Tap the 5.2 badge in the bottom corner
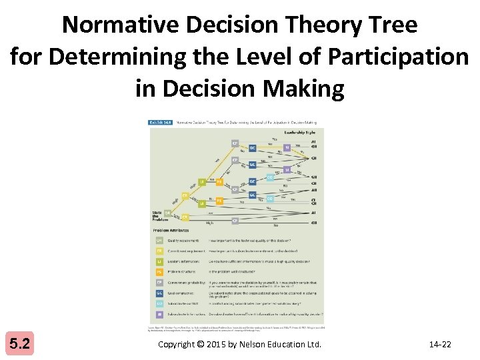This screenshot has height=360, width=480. click(x=20, y=344)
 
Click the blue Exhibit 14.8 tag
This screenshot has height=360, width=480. click(x=160, y=123)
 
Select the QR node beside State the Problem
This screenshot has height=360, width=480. click(x=168, y=213)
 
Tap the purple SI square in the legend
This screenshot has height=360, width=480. click(x=159, y=314)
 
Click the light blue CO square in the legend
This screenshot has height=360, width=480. click(x=159, y=304)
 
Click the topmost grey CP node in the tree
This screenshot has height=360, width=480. click(x=235, y=143)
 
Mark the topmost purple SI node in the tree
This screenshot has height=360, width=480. click(x=287, y=147)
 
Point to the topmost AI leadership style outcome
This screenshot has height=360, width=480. click(x=314, y=141)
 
